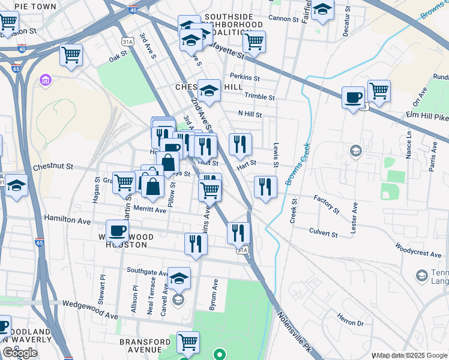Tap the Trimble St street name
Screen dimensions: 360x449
259,97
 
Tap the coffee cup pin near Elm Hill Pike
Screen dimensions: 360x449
353,97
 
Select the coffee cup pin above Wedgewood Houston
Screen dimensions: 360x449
117,231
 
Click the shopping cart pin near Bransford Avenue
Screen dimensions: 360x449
188,342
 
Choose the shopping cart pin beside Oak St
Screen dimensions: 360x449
71,55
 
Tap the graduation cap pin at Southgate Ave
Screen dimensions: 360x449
178,278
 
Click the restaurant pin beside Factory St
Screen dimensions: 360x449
265,187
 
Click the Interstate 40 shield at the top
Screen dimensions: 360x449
133,10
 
